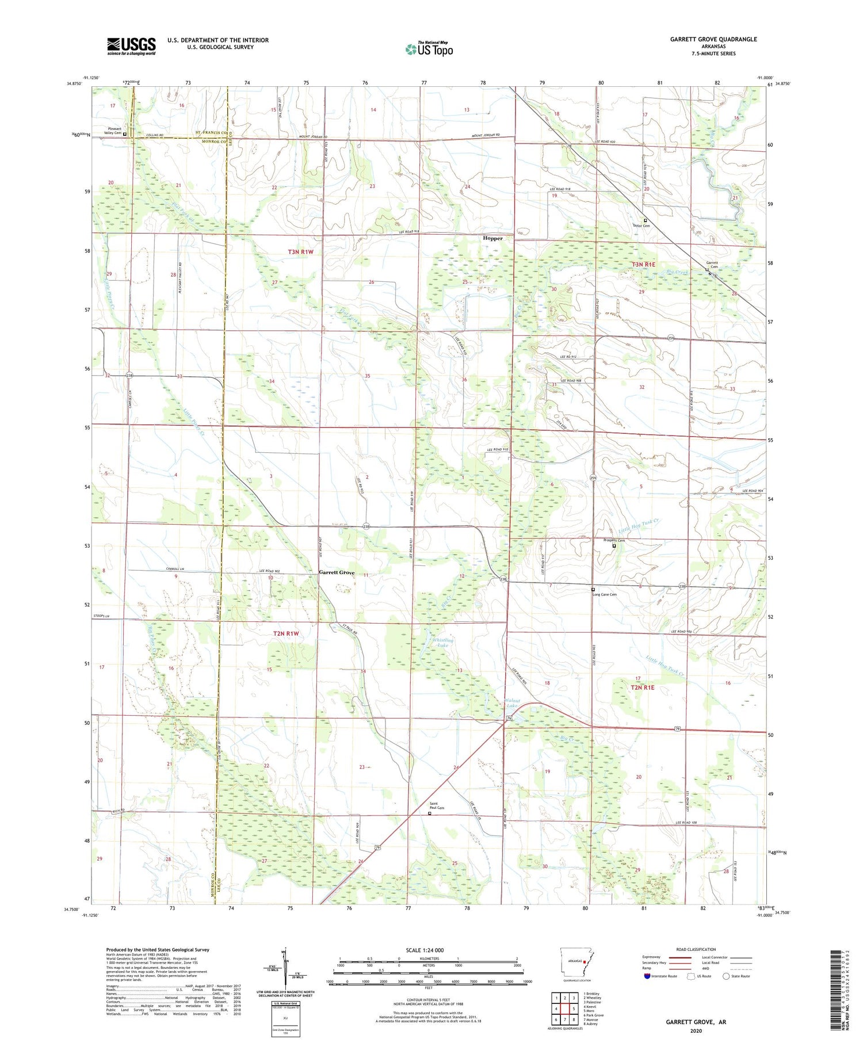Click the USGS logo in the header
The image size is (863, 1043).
pyautogui.click(x=131, y=45)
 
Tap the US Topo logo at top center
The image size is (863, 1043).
pyautogui.click(x=429, y=49)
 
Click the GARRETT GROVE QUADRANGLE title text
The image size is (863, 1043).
pyautogui.click(x=713, y=39)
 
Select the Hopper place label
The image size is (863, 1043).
pyautogui.click(x=492, y=238)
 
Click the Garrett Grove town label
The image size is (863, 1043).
pyautogui.click(x=337, y=572)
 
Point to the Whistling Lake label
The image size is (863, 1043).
pyautogui.click(x=442, y=643)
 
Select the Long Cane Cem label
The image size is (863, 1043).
pyautogui.click(x=604, y=594)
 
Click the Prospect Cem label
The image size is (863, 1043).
pyautogui.click(x=613, y=540)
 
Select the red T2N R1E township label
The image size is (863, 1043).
pyautogui.click(x=642, y=687)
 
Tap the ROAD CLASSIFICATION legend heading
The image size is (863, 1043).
pyautogui.click(x=696, y=949)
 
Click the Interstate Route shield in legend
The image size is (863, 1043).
pyautogui.click(x=647, y=976)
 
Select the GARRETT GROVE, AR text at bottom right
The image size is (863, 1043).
pyautogui.click(x=696, y=1022)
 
